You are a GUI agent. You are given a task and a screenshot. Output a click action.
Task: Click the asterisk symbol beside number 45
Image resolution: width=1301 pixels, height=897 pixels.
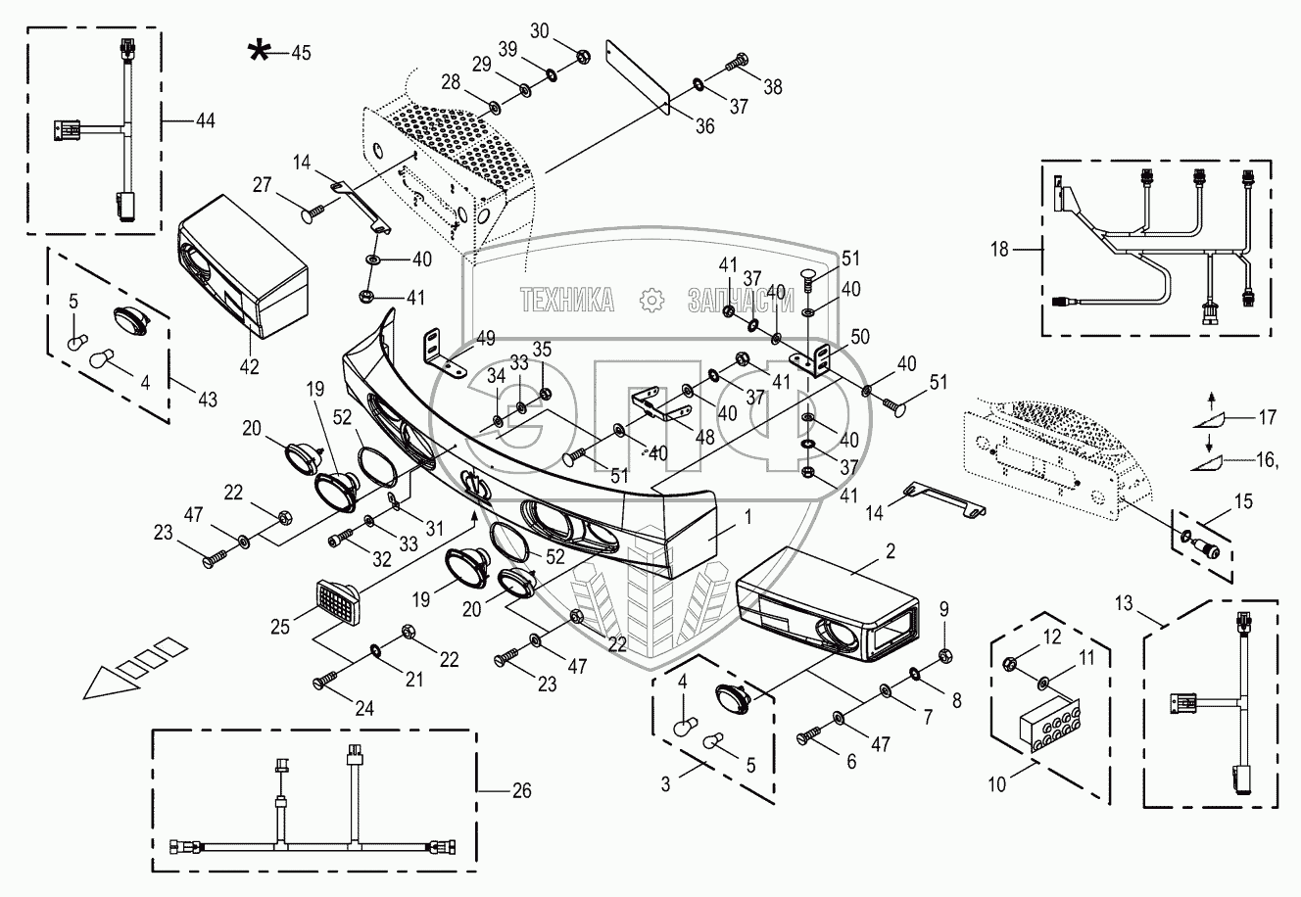point(259,52)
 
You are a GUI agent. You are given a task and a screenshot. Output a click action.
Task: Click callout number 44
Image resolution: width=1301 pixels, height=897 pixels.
point(205,120)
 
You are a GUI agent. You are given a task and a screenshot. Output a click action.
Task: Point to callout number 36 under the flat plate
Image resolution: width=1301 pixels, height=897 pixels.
point(705,125)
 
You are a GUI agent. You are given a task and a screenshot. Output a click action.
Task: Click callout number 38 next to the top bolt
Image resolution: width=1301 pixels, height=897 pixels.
point(773,86)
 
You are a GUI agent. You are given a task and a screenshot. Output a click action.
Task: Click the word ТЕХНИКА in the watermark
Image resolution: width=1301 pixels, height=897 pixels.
point(567,300)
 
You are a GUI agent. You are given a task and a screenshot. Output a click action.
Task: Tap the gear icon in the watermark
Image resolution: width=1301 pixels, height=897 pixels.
point(649,300)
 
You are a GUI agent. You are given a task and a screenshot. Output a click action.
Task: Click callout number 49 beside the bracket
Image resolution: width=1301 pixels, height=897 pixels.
point(486,339)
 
